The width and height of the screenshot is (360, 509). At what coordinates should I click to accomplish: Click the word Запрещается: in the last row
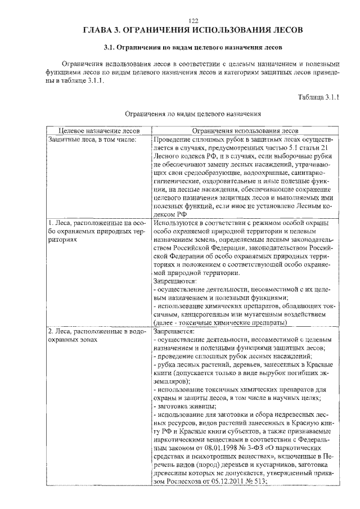pos(173,332)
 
